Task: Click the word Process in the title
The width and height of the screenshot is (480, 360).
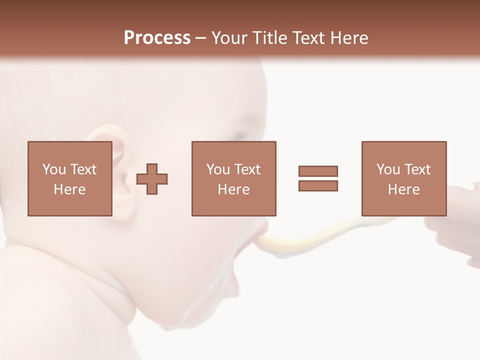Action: (157, 38)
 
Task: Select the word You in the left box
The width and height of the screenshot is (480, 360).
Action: (53, 169)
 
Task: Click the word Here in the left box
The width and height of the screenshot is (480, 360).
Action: (69, 189)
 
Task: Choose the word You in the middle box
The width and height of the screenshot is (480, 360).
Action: (217, 169)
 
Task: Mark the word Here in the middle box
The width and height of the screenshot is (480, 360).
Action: (233, 189)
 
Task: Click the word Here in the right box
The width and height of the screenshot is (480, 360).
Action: (403, 189)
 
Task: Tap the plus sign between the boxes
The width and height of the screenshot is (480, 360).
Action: (152, 179)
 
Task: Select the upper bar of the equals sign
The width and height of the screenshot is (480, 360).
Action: (318, 171)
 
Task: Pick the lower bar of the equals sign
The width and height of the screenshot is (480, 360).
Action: (318, 186)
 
